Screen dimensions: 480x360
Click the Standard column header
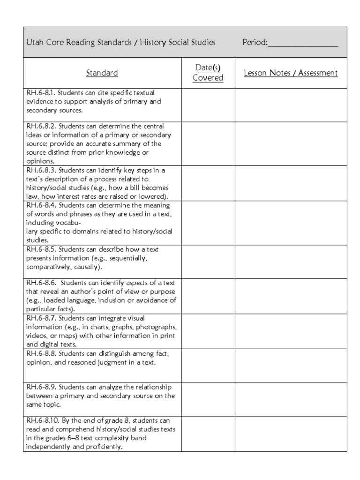102,73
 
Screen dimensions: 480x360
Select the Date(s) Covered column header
208,73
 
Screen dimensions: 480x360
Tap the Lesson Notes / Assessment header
291,73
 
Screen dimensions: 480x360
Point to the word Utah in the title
36,43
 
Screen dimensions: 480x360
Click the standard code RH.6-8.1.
41,93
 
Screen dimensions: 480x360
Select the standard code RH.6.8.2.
41,127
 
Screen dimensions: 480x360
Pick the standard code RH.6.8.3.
41,171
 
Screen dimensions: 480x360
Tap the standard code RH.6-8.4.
41,206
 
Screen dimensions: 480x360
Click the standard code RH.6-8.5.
41,250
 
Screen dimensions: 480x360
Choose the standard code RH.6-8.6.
41,283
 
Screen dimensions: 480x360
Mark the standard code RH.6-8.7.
41,318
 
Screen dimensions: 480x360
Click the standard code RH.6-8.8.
41,353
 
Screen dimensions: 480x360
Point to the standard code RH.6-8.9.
41,387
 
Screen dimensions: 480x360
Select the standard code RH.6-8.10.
43,421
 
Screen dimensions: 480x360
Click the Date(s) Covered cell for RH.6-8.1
208,105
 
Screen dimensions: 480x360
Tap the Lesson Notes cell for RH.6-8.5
291,262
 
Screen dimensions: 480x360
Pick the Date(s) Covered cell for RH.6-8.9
208,399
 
